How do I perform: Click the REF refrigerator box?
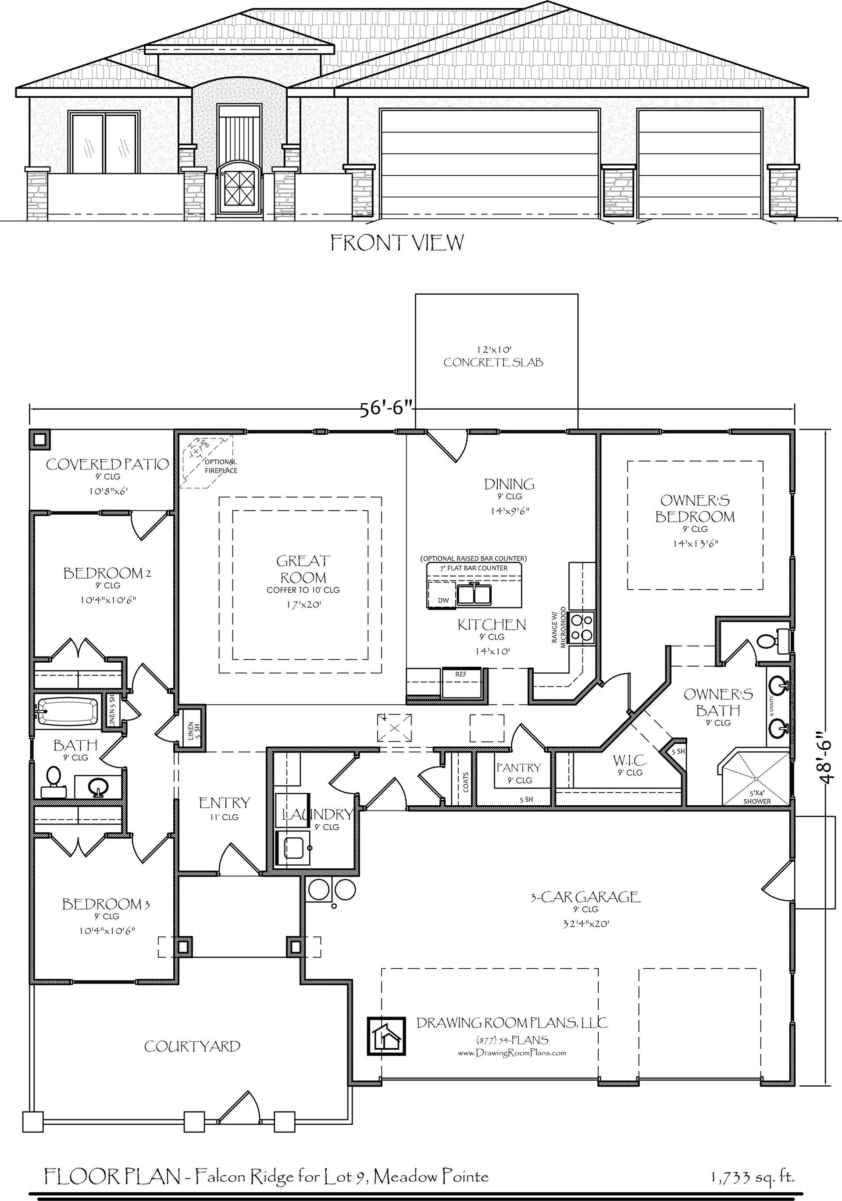461,682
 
